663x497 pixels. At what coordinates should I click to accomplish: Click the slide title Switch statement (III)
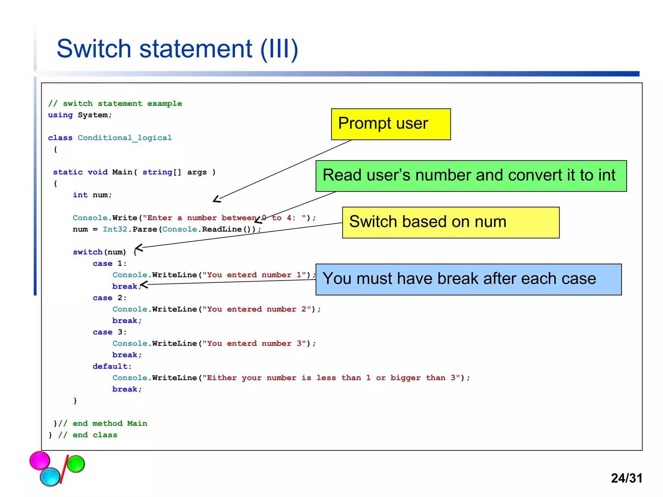[x=177, y=49]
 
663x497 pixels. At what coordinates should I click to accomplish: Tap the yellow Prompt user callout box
[x=390, y=124]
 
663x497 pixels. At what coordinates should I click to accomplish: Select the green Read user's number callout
[x=471, y=176]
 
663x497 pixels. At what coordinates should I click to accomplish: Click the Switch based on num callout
[x=450, y=223]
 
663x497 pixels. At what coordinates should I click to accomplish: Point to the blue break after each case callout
[x=468, y=279]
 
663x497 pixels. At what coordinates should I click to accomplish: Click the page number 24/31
[x=626, y=478]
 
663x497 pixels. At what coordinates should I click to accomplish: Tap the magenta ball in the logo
[x=40, y=460]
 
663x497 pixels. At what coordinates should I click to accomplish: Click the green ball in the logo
[x=76, y=464]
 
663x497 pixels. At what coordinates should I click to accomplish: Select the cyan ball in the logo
[x=50, y=477]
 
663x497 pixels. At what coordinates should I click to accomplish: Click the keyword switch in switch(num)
[x=87, y=252]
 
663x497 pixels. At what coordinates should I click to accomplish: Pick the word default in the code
[x=110, y=366]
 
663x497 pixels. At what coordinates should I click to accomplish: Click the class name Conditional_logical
[x=125, y=138]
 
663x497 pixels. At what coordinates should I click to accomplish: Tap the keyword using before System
[x=60, y=115]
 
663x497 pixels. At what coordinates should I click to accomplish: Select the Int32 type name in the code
[x=115, y=229]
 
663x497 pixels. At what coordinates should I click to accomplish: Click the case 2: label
[x=109, y=298]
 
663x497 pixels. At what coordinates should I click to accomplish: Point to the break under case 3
[x=125, y=355]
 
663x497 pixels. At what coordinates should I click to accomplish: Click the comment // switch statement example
[x=115, y=104]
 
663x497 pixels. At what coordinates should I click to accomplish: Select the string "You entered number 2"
[x=257, y=309]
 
